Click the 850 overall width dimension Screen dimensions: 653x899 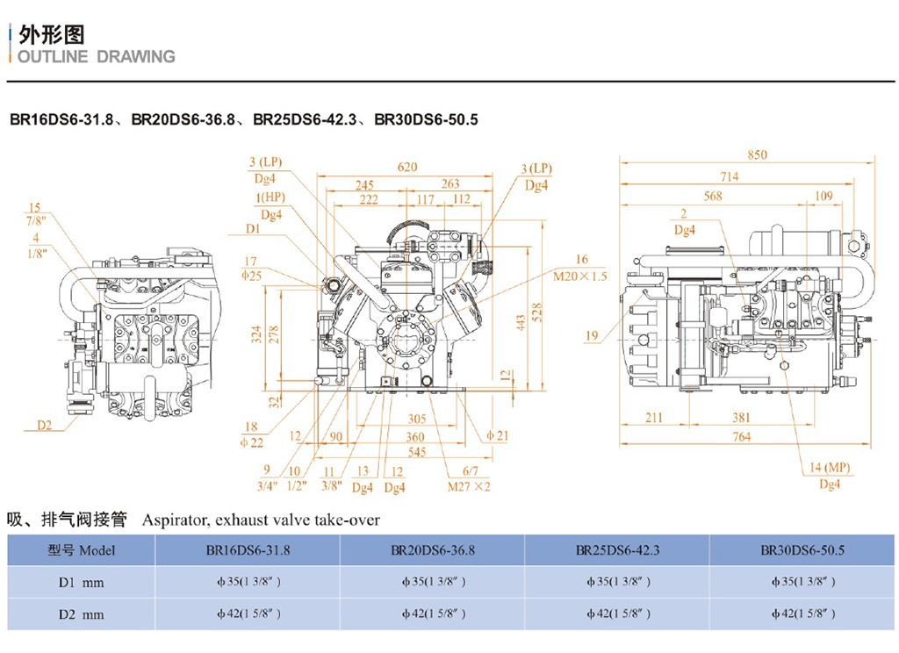point(757,154)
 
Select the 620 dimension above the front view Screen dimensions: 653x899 point(406,167)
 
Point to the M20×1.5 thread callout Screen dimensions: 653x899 point(579,276)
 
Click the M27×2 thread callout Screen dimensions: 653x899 point(469,485)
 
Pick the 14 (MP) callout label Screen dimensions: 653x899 point(830,468)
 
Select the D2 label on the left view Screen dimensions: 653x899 point(45,426)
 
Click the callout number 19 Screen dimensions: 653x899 point(590,335)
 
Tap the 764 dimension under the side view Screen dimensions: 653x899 point(742,436)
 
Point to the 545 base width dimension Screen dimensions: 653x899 point(415,452)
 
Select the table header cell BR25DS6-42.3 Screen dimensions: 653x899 point(617,550)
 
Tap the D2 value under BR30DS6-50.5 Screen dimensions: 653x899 point(802,614)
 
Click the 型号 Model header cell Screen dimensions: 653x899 point(81,550)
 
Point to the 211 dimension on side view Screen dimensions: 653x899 point(653,418)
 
